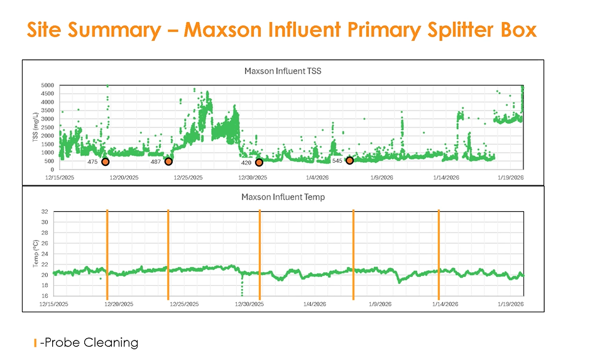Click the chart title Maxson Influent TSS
coord(282,71)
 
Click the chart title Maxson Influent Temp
coord(283,197)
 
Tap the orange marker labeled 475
coord(105,162)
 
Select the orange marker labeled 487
coord(168,161)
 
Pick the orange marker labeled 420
coord(259,162)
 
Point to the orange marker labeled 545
coord(349,160)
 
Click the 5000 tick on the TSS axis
coord(48,85)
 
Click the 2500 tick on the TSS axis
coord(48,127)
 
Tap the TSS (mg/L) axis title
coord(35,126)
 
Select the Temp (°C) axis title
coord(35,253)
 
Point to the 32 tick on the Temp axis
coord(45,212)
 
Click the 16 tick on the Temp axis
coord(45,296)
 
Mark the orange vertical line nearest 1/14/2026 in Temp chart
coord(439,254)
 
